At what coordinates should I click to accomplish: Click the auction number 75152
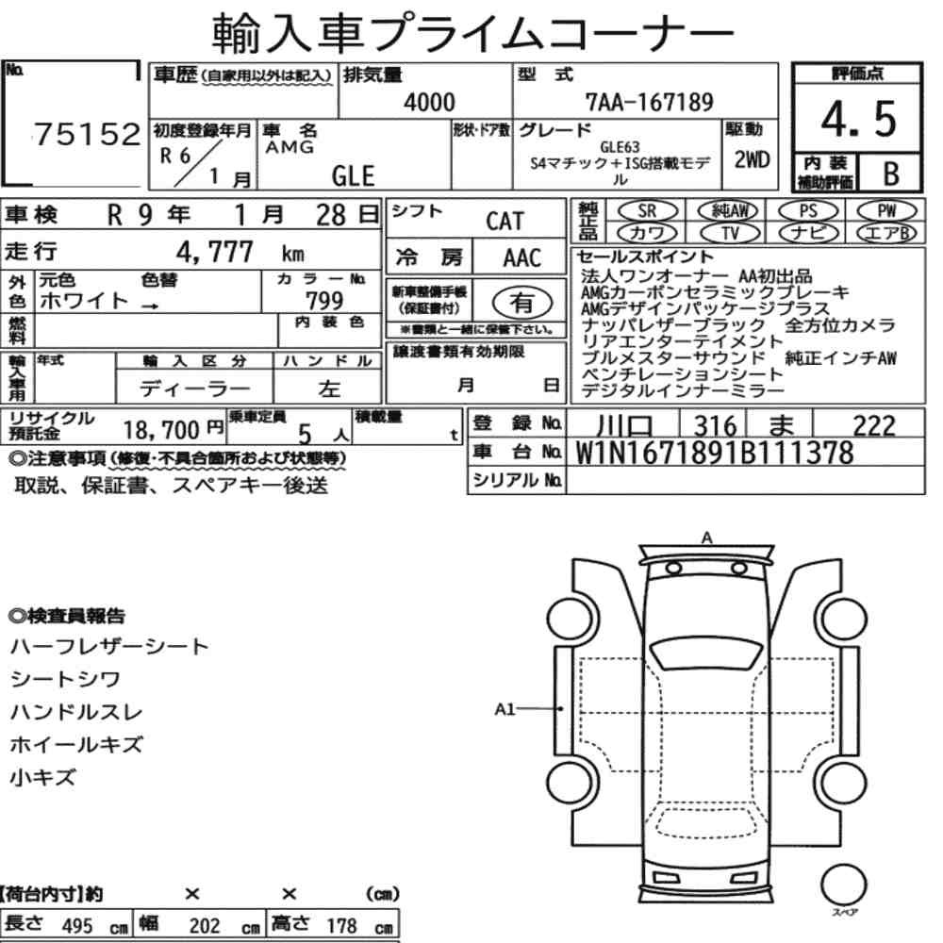88,134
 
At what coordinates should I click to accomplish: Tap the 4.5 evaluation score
858,119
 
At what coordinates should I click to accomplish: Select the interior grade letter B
891,174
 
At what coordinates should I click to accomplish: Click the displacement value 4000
429,102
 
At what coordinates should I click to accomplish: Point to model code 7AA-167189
650,102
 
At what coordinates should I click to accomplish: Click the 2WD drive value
752,159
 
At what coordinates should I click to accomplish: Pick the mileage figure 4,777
215,252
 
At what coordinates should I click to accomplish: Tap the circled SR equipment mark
647,211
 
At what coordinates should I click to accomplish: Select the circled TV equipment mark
730,233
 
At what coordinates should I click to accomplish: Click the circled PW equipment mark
886,211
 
